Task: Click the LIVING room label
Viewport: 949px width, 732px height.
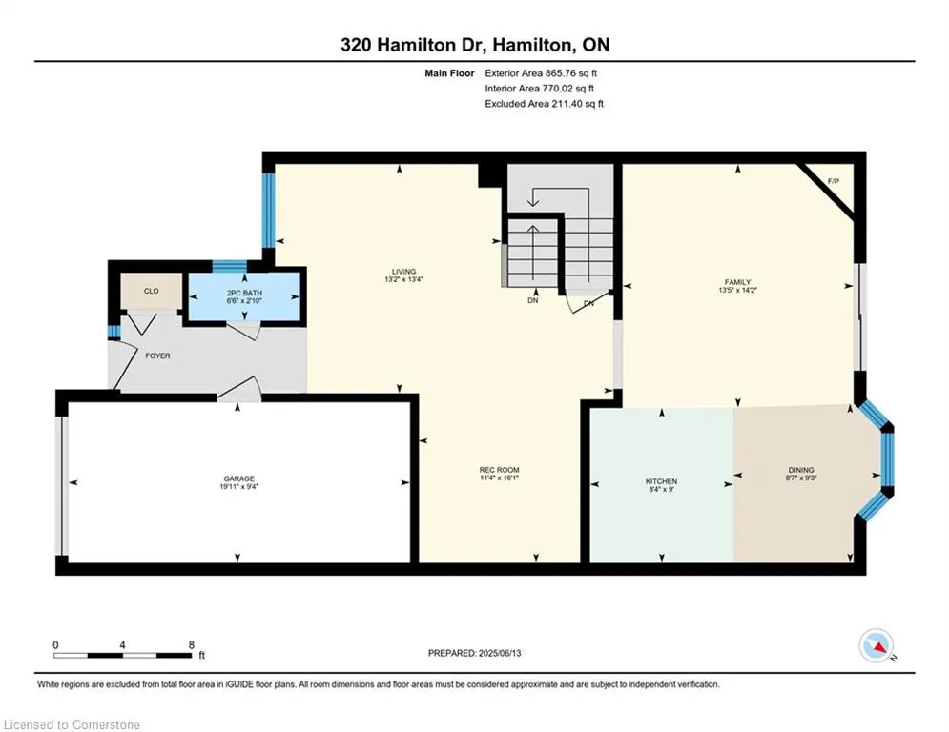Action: pos(403,272)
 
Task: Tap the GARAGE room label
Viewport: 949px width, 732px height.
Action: pos(239,478)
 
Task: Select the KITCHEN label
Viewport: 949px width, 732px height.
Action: pos(661,481)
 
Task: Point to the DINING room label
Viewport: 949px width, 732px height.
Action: pos(801,470)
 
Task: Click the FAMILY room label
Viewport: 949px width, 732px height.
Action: pos(738,282)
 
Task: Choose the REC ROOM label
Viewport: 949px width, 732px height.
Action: pos(500,470)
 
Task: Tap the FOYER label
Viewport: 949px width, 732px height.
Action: pos(158,356)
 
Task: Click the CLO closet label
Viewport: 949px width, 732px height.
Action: pos(152,291)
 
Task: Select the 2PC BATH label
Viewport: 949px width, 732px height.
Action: pos(244,293)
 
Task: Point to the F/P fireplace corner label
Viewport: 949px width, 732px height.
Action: pos(834,181)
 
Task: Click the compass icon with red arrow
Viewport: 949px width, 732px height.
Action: pos(876,645)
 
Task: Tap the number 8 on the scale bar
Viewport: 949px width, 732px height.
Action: pos(192,645)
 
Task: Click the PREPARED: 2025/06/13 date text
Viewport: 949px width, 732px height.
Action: pos(475,653)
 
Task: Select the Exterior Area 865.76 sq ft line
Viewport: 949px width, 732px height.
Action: pos(541,73)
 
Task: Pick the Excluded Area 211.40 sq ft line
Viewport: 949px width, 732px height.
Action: pos(544,104)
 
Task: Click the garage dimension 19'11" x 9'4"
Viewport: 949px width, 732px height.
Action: pos(239,486)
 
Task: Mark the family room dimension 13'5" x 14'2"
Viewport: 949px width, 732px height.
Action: pos(738,290)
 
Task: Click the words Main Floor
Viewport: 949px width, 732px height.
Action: pos(449,73)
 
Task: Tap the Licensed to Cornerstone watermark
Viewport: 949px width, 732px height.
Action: pos(72,724)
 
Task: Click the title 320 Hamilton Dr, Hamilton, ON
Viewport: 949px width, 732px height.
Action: pos(475,45)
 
